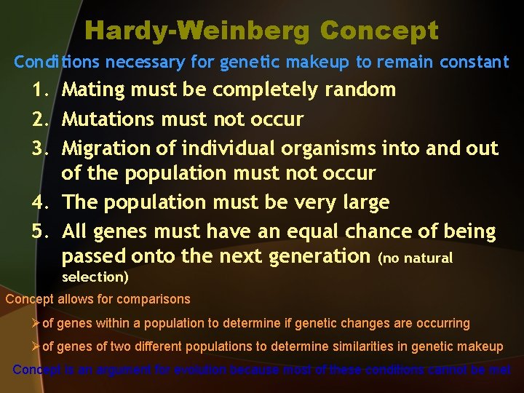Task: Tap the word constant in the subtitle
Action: (472, 63)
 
